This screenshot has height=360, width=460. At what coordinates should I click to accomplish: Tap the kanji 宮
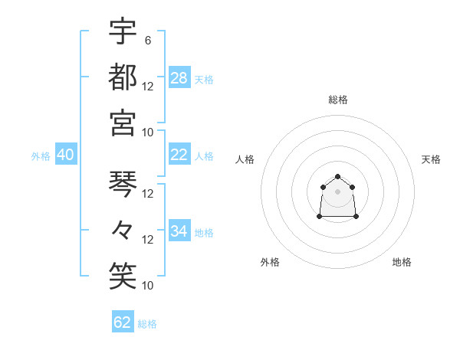pyautogui.click(x=123, y=123)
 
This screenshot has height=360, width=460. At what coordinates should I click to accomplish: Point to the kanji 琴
pyautogui.click(x=123, y=184)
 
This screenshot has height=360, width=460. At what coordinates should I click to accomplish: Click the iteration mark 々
pyautogui.click(x=123, y=230)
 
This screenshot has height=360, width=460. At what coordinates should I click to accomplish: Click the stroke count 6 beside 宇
pyautogui.click(x=148, y=40)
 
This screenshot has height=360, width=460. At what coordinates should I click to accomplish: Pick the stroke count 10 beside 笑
pyautogui.click(x=148, y=286)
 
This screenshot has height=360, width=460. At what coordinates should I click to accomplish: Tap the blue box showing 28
pyautogui.click(x=179, y=77)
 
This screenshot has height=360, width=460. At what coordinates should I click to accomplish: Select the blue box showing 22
pyautogui.click(x=179, y=154)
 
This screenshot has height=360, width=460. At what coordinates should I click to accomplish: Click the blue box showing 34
pyautogui.click(x=179, y=231)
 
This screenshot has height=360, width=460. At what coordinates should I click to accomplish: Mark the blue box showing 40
pyautogui.click(x=65, y=155)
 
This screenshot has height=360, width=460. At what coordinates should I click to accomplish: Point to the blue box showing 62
pyautogui.click(x=123, y=322)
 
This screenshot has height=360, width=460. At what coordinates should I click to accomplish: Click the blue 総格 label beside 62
pyautogui.click(x=147, y=324)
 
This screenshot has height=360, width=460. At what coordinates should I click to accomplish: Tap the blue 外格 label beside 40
pyautogui.click(x=41, y=156)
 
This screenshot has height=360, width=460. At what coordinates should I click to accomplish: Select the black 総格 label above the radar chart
pyautogui.click(x=337, y=100)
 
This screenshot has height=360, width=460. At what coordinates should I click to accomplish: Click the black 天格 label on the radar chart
pyautogui.click(x=431, y=159)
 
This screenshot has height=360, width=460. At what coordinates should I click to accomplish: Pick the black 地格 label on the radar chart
pyautogui.click(x=402, y=262)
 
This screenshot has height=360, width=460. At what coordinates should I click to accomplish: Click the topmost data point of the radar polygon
pyautogui.click(x=337, y=177)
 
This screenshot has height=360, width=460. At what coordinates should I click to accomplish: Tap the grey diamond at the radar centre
pyautogui.click(x=337, y=191)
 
